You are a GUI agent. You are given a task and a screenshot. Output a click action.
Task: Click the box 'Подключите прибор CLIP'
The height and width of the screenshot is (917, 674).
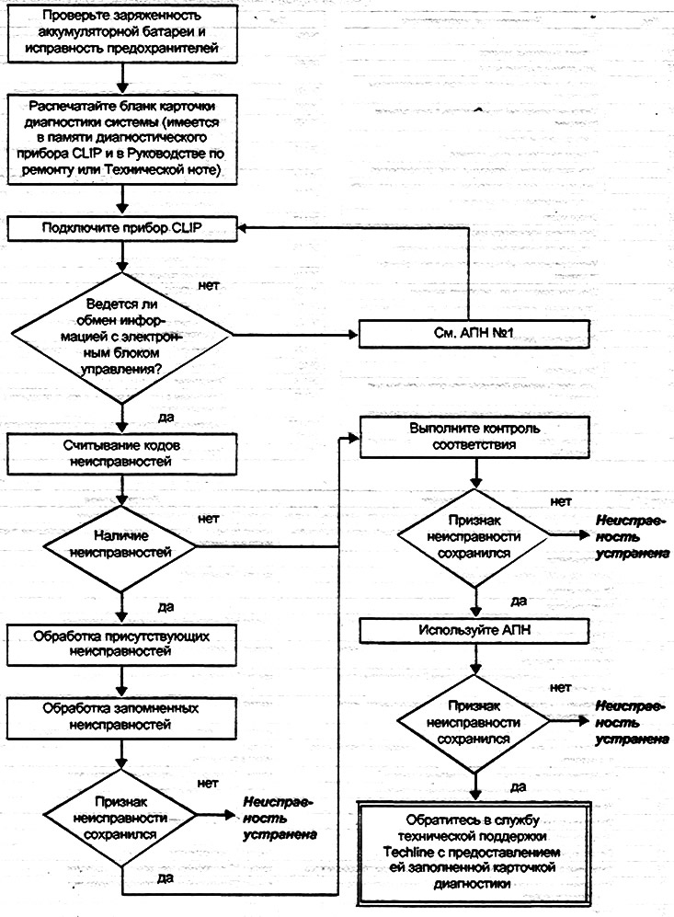tap(121, 228)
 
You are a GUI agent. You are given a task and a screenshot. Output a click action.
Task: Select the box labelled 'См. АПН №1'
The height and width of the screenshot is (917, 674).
tap(474, 334)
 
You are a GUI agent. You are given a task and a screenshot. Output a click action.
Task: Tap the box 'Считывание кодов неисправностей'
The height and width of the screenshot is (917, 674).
tap(121, 453)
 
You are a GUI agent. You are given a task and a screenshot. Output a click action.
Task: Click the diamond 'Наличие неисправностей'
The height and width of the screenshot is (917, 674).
tap(120, 547)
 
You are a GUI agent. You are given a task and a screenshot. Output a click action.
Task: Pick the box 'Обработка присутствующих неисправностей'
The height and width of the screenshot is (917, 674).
tap(121, 645)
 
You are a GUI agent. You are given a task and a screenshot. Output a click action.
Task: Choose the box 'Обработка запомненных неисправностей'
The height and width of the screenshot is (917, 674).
tap(121, 718)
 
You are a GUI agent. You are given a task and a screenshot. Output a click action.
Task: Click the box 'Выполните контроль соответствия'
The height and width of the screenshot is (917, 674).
tap(474, 437)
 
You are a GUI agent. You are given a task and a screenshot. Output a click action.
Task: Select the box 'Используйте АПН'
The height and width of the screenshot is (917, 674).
tap(474, 631)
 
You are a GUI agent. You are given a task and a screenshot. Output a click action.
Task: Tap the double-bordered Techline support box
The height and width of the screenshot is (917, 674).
tap(474, 854)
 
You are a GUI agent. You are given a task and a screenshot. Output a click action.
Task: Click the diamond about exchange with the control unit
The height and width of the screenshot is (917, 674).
tap(121, 338)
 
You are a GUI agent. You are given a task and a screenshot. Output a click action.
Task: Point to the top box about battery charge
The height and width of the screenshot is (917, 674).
tap(121, 33)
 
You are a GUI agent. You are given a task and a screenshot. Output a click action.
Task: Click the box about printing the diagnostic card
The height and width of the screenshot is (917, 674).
tap(121, 139)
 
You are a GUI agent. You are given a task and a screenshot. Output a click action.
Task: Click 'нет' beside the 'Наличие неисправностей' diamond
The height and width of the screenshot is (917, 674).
tap(208, 519)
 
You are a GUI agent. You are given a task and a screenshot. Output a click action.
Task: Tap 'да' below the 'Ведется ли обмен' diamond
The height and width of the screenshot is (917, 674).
tap(166, 418)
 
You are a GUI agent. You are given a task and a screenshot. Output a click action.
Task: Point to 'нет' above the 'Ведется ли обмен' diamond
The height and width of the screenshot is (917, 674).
tap(209, 285)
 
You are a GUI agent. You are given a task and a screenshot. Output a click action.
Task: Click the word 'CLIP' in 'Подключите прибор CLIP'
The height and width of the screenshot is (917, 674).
tap(186, 228)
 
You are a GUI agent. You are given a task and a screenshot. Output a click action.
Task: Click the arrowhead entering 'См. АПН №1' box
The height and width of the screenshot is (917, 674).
tap(353, 335)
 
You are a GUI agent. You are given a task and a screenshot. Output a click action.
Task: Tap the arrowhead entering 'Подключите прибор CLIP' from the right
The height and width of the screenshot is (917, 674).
tap(243, 229)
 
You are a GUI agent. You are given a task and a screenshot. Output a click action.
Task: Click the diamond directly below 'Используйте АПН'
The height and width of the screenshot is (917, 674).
tap(474, 723)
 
